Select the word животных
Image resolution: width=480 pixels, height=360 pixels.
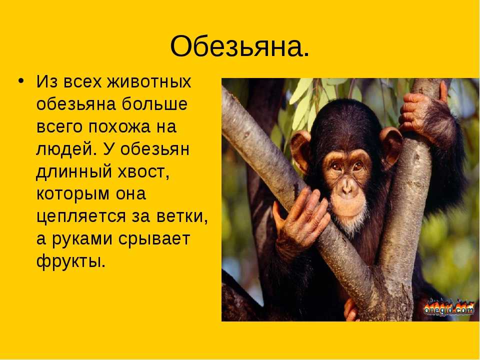(149, 81)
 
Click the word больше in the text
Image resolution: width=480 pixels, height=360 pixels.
(154, 104)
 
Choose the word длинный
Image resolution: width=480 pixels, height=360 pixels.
(74, 172)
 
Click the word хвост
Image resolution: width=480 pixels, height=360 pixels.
(143, 172)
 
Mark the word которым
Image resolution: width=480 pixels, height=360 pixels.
(73, 194)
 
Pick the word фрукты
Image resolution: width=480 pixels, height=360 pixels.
(71, 261)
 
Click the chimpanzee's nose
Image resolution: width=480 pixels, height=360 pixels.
(346, 186)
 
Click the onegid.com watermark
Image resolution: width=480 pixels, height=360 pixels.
(449, 307)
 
